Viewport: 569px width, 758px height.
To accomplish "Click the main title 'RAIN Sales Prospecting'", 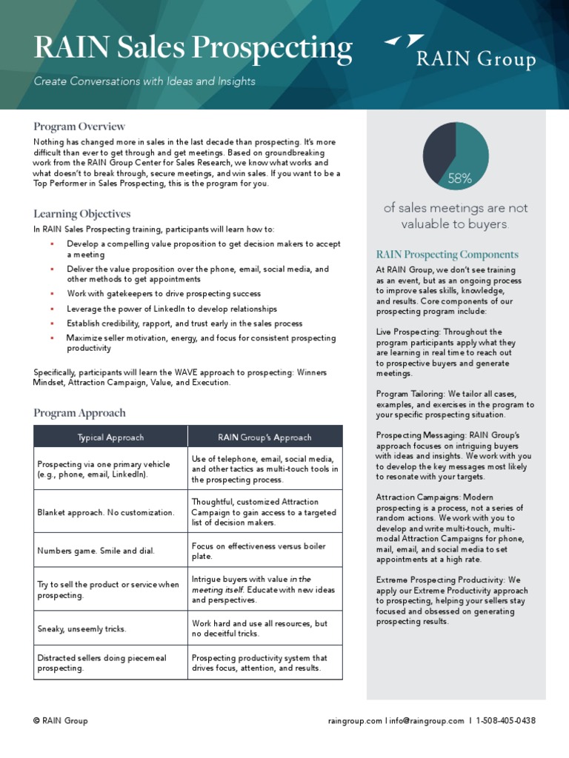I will [x=193, y=49].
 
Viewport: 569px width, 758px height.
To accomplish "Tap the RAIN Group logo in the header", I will [x=460, y=52].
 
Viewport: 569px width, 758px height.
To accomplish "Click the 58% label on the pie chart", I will [x=459, y=178].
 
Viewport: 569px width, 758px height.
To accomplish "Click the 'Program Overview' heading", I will [x=79, y=127].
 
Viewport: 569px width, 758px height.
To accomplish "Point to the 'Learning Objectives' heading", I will [x=81, y=214].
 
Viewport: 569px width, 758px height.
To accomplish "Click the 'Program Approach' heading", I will [x=79, y=413].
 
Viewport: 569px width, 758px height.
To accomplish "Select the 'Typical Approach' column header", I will [x=110, y=437].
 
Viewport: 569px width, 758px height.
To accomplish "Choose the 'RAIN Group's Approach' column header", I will [x=264, y=437].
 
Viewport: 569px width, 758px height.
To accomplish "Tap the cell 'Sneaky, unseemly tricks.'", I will [x=81, y=629].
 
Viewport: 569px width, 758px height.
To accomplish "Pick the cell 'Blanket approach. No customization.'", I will [x=106, y=512].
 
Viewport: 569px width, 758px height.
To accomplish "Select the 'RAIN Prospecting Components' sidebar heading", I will [x=447, y=255].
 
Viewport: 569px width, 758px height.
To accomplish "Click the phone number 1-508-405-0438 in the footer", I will [x=506, y=721].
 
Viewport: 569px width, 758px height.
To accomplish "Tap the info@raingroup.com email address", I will [x=425, y=721].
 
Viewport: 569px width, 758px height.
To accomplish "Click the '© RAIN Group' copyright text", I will [x=61, y=721].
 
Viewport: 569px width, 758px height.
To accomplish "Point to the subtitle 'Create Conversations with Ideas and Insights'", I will [x=144, y=81].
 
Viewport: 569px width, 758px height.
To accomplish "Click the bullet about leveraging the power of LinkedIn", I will [x=172, y=309].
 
